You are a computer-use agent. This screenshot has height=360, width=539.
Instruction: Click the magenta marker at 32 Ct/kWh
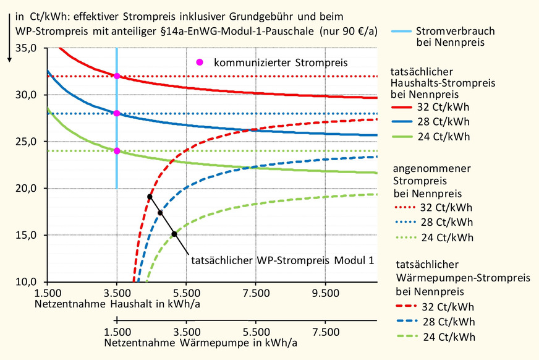[x=116, y=76]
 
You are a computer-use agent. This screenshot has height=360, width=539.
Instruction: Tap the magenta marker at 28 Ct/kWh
[x=116, y=113]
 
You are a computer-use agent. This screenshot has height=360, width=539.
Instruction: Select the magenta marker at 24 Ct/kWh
[x=116, y=151]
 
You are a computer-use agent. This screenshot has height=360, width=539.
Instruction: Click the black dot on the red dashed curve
[x=150, y=197]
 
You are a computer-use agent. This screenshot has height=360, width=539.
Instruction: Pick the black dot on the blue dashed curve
[x=160, y=213]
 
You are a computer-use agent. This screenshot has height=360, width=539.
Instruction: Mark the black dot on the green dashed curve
[x=174, y=234]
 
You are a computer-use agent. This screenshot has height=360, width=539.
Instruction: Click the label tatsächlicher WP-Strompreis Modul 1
[x=282, y=260]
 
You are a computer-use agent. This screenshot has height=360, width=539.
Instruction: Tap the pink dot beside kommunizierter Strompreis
[x=199, y=62]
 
